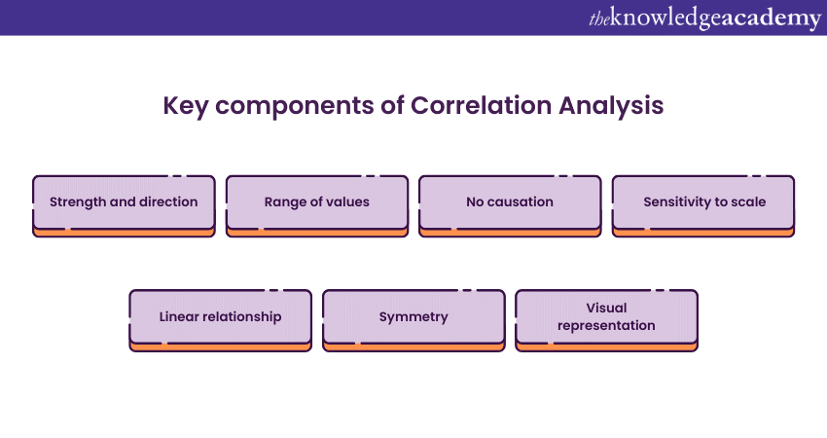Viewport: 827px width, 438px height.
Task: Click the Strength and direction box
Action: [124, 202]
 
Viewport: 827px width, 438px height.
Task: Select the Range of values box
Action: [316, 202]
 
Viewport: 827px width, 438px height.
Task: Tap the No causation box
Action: [509, 202]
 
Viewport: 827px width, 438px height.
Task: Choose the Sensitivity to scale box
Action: [703, 202]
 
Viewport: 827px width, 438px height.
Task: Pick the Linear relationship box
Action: [220, 316]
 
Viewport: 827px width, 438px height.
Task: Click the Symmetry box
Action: [413, 316]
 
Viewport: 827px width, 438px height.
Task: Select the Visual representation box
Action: [606, 316]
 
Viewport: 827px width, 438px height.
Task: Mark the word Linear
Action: [181, 316]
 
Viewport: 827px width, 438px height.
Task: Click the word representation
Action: [606, 326]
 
